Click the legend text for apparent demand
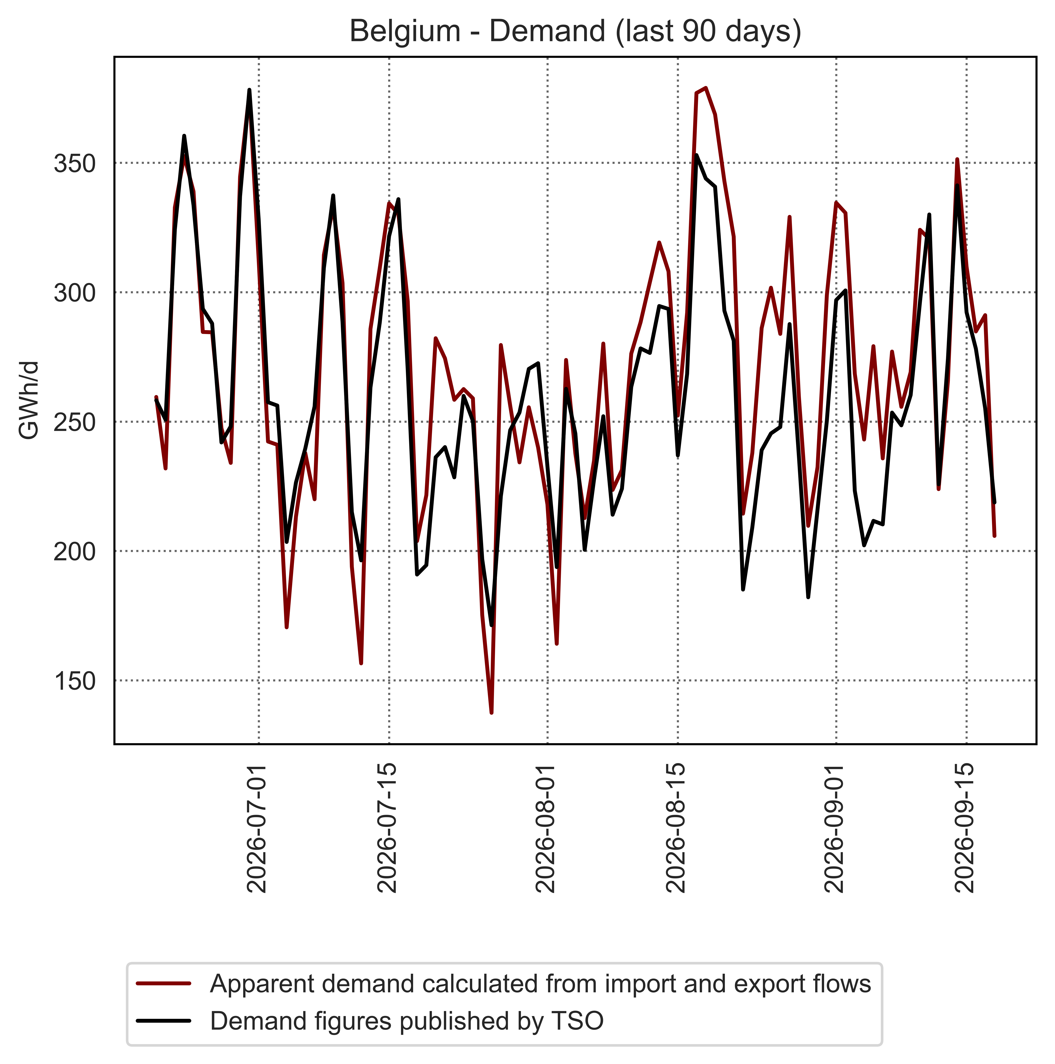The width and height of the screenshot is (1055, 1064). pyautogui.click(x=541, y=984)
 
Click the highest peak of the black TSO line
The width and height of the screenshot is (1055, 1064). pyautogui.click(x=249, y=90)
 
